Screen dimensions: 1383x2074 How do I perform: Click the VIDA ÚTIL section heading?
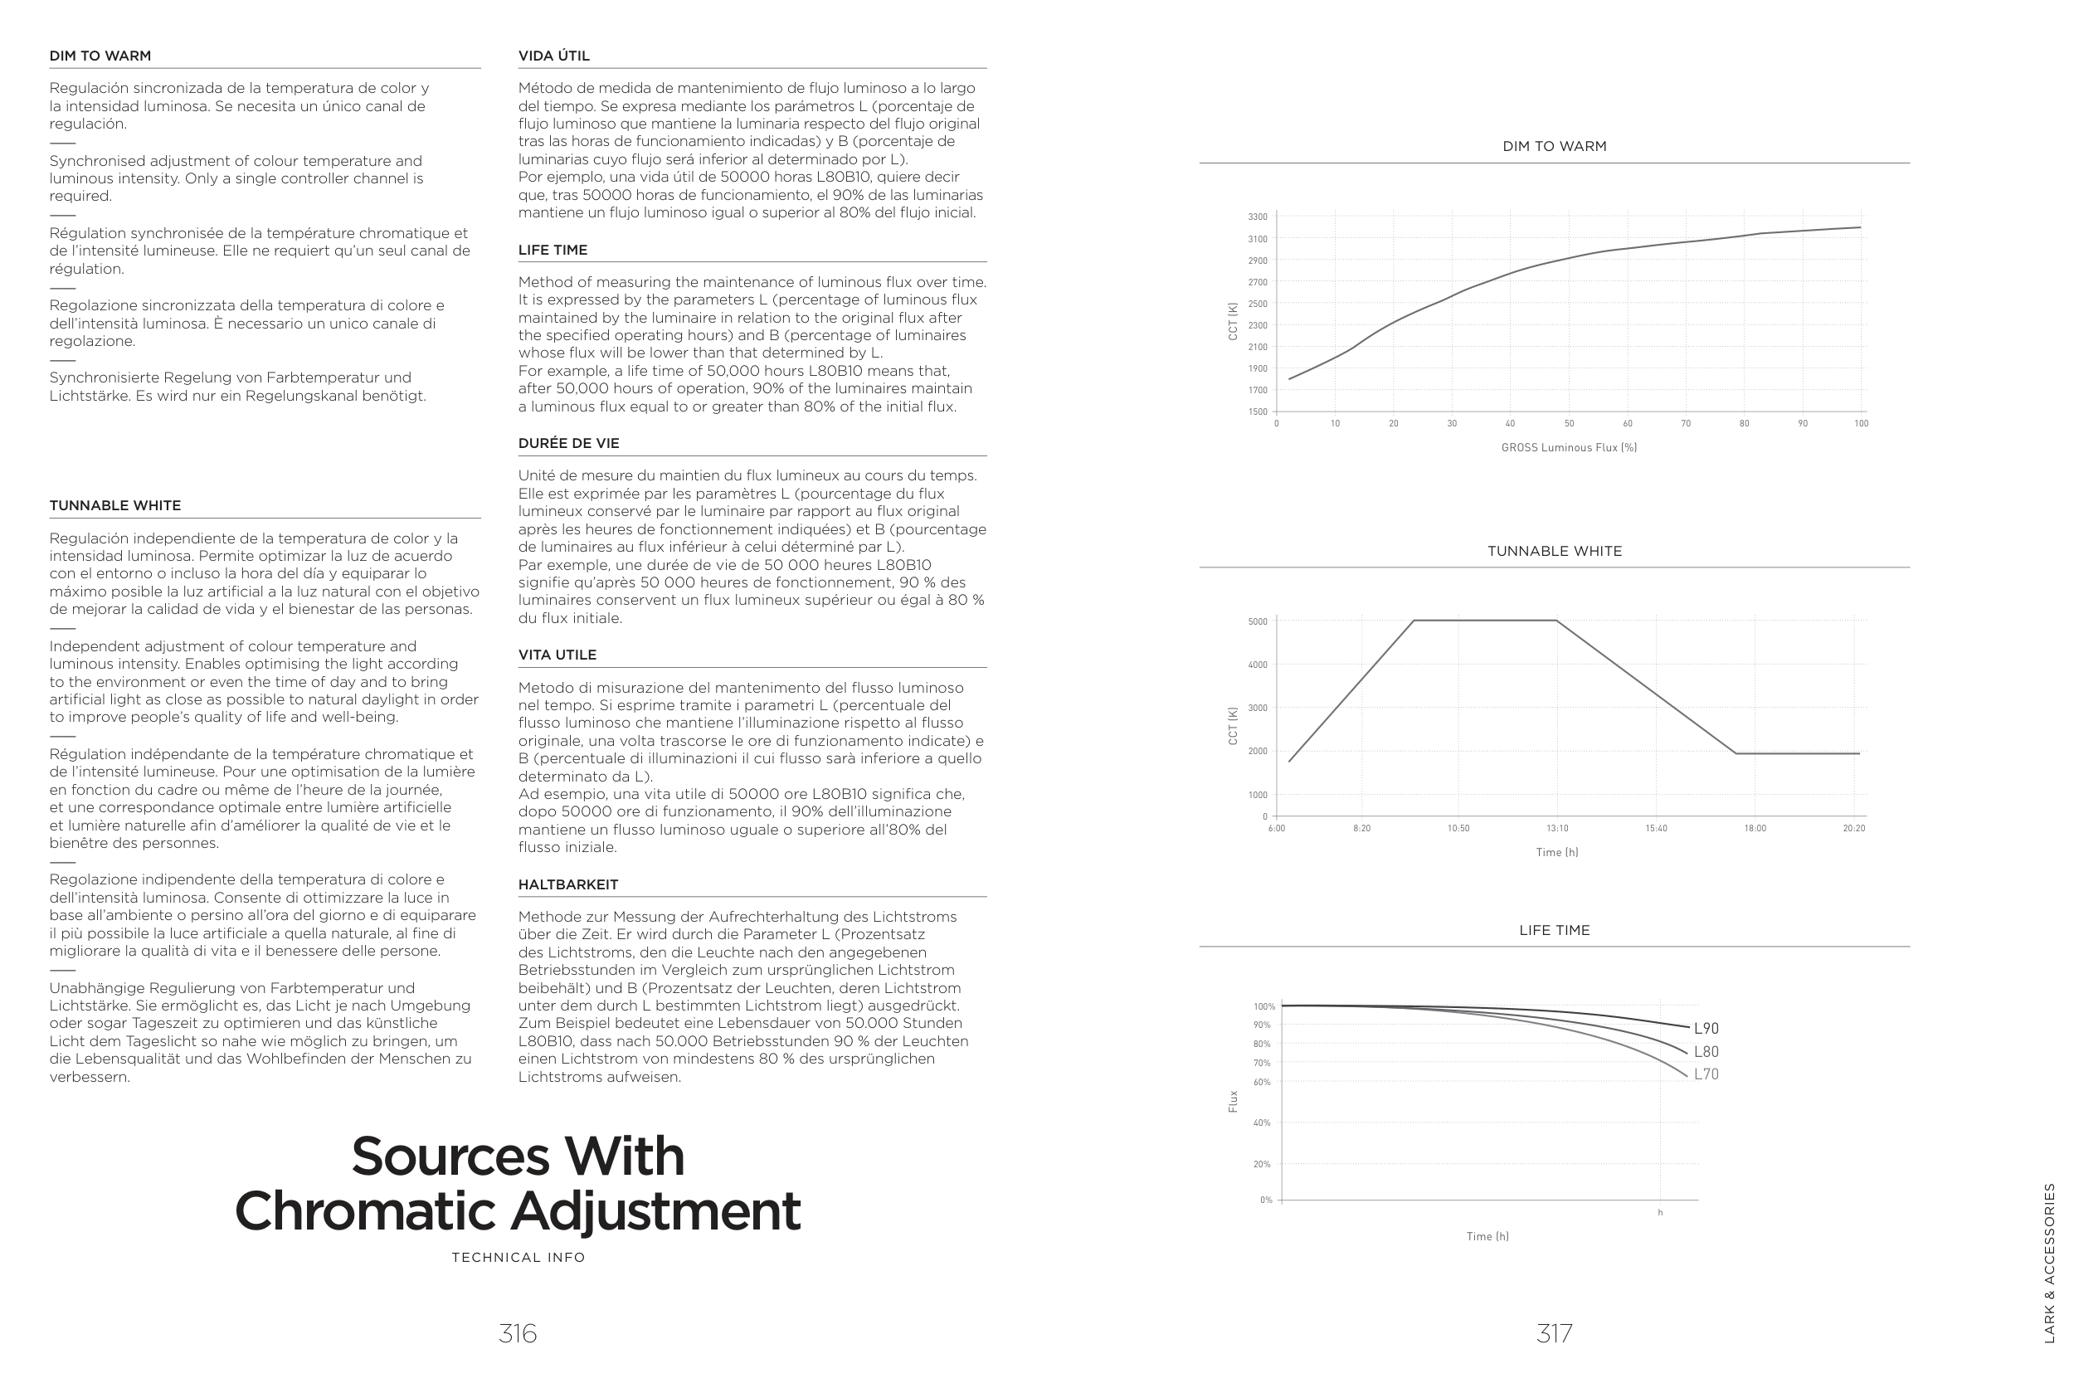pyautogui.click(x=554, y=56)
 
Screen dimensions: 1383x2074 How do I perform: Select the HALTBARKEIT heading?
pyautogui.click(x=568, y=884)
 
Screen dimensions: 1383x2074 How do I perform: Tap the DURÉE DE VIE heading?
pyautogui.click(x=569, y=444)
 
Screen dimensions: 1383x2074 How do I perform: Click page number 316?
pyautogui.click(x=518, y=1333)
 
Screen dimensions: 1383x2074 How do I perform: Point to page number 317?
pyautogui.click(x=1554, y=1333)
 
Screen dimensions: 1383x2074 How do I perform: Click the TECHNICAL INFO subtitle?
pyautogui.click(x=518, y=1258)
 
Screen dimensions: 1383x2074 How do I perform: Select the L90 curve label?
pyautogui.click(x=1706, y=1029)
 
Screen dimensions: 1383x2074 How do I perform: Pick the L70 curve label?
pyautogui.click(x=1706, y=1074)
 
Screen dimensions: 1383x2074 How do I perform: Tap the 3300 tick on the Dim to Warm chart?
pyautogui.click(x=1258, y=217)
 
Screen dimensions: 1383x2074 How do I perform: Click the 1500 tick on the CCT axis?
pyautogui.click(x=1258, y=411)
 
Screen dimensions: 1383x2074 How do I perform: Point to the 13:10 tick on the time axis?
pyautogui.click(x=1557, y=828)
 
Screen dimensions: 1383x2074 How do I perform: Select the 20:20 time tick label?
pyautogui.click(x=1853, y=828)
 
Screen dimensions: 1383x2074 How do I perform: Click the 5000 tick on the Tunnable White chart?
pyautogui.click(x=1258, y=622)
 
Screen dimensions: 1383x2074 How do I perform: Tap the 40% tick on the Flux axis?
pyautogui.click(x=1262, y=1123)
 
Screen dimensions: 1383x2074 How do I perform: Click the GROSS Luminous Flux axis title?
pyautogui.click(x=1569, y=448)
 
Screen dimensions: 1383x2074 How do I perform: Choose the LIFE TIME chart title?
pyautogui.click(x=1554, y=931)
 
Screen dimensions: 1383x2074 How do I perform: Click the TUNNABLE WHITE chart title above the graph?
pyautogui.click(x=1554, y=551)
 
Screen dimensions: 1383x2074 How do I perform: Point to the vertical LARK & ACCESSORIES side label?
pyautogui.click(x=2049, y=1263)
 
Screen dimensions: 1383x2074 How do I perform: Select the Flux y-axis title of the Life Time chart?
pyautogui.click(x=1233, y=1101)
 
